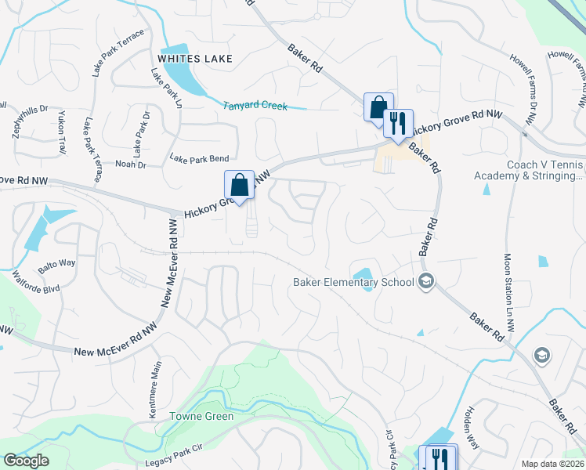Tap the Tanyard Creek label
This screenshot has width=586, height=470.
(x=255, y=106)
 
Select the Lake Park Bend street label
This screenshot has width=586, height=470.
(x=199, y=158)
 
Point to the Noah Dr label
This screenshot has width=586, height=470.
(x=131, y=164)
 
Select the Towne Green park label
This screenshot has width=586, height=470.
(x=201, y=417)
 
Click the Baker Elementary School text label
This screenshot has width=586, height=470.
(x=354, y=283)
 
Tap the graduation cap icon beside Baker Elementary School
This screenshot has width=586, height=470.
(x=427, y=282)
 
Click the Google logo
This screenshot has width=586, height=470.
(x=26, y=461)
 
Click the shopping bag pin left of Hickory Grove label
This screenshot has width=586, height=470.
(x=239, y=186)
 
